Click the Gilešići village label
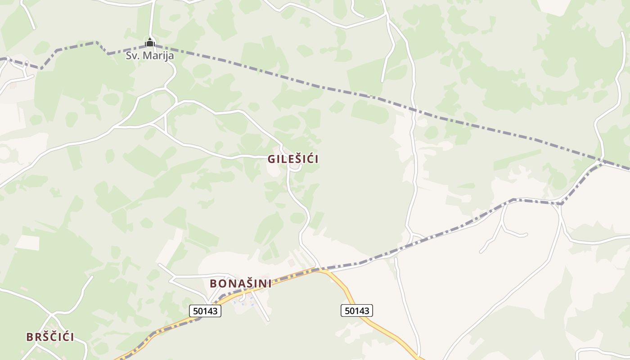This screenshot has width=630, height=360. click(293, 159)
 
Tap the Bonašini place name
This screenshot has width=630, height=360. click(241, 283)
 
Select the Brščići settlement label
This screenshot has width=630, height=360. click(50, 337)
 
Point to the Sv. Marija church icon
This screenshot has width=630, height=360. click(150, 43)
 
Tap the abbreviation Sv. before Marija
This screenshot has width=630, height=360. click(133, 56)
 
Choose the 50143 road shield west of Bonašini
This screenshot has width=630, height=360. click(205, 310)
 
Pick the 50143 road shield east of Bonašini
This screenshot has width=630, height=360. click(357, 310)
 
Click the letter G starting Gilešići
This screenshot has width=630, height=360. click(271, 159)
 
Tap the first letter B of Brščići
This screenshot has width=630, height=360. click(30, 337)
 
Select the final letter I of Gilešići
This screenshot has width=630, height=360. click(317, 159)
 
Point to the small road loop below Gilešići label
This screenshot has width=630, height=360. click(295, 167)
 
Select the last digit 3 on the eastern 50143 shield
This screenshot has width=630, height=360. click(367, 310)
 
